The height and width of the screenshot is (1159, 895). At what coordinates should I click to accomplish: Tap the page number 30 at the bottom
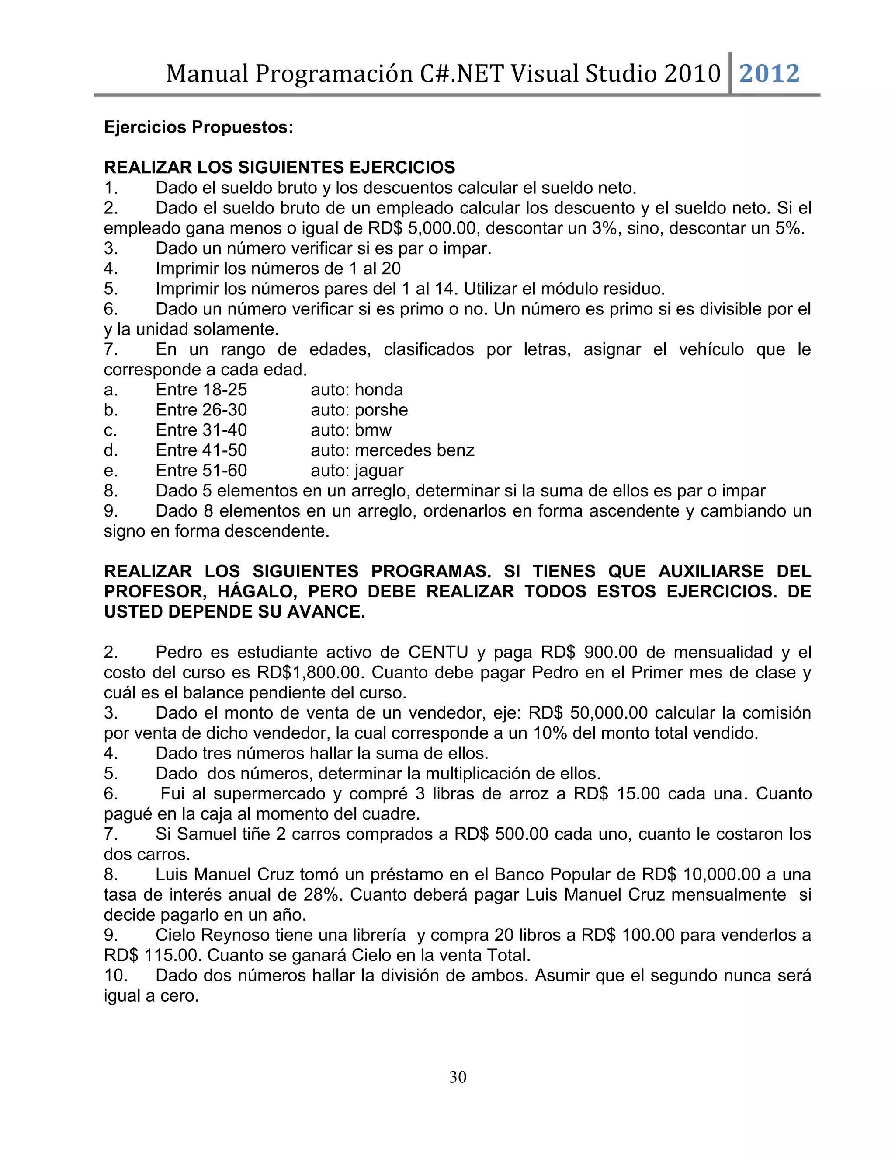point(458,1077)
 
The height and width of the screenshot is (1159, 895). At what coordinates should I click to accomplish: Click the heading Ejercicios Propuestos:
point(198,127)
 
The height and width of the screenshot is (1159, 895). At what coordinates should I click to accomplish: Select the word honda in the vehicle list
point(378,390)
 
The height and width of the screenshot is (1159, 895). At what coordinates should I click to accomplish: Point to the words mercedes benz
point(414,450)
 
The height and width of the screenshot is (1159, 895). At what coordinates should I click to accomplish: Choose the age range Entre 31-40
point(201,430)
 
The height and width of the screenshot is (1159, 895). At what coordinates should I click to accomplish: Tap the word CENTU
point(438,652)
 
